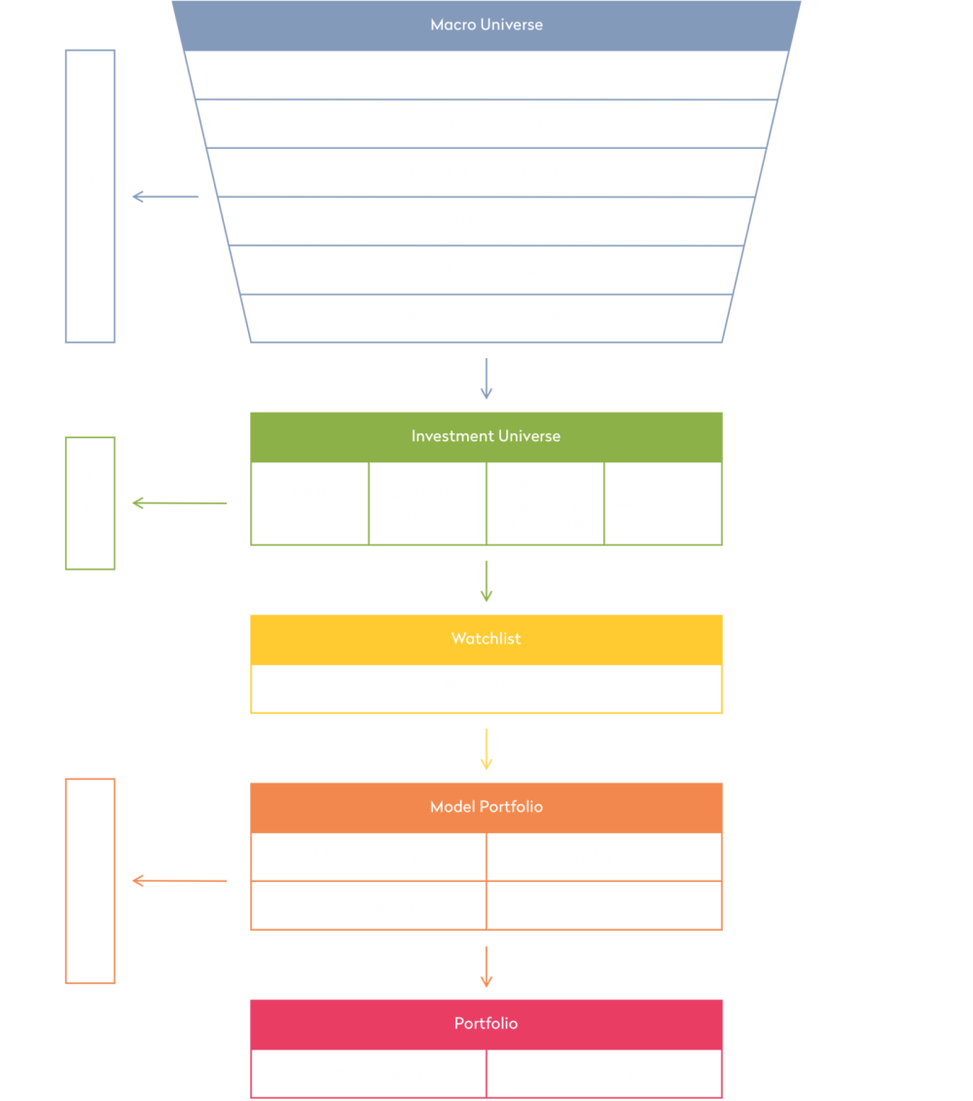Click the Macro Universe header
point(486,24)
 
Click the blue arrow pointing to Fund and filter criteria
point(164,197)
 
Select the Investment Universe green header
point(486,436)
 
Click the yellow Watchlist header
point(486,639)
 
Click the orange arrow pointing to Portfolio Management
point(179,881)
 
